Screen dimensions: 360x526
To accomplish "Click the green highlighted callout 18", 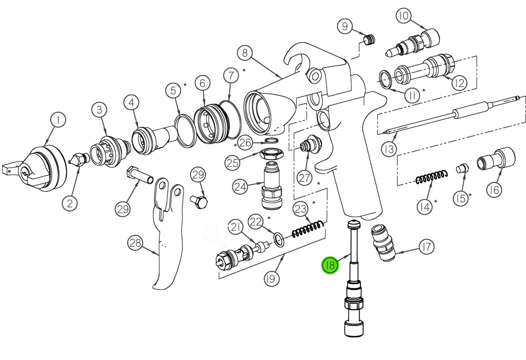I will click(330, 265).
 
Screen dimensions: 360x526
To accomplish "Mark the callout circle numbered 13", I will click(389, 149).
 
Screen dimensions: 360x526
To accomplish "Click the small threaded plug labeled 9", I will click(369, 40).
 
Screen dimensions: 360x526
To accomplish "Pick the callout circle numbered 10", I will click(403, 17).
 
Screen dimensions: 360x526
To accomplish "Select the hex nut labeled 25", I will click(272, 153).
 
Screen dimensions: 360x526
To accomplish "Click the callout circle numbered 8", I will click(245, 53).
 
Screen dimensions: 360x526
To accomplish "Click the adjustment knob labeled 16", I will click(496, 160).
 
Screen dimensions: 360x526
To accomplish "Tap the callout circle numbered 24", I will click(240, 187).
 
